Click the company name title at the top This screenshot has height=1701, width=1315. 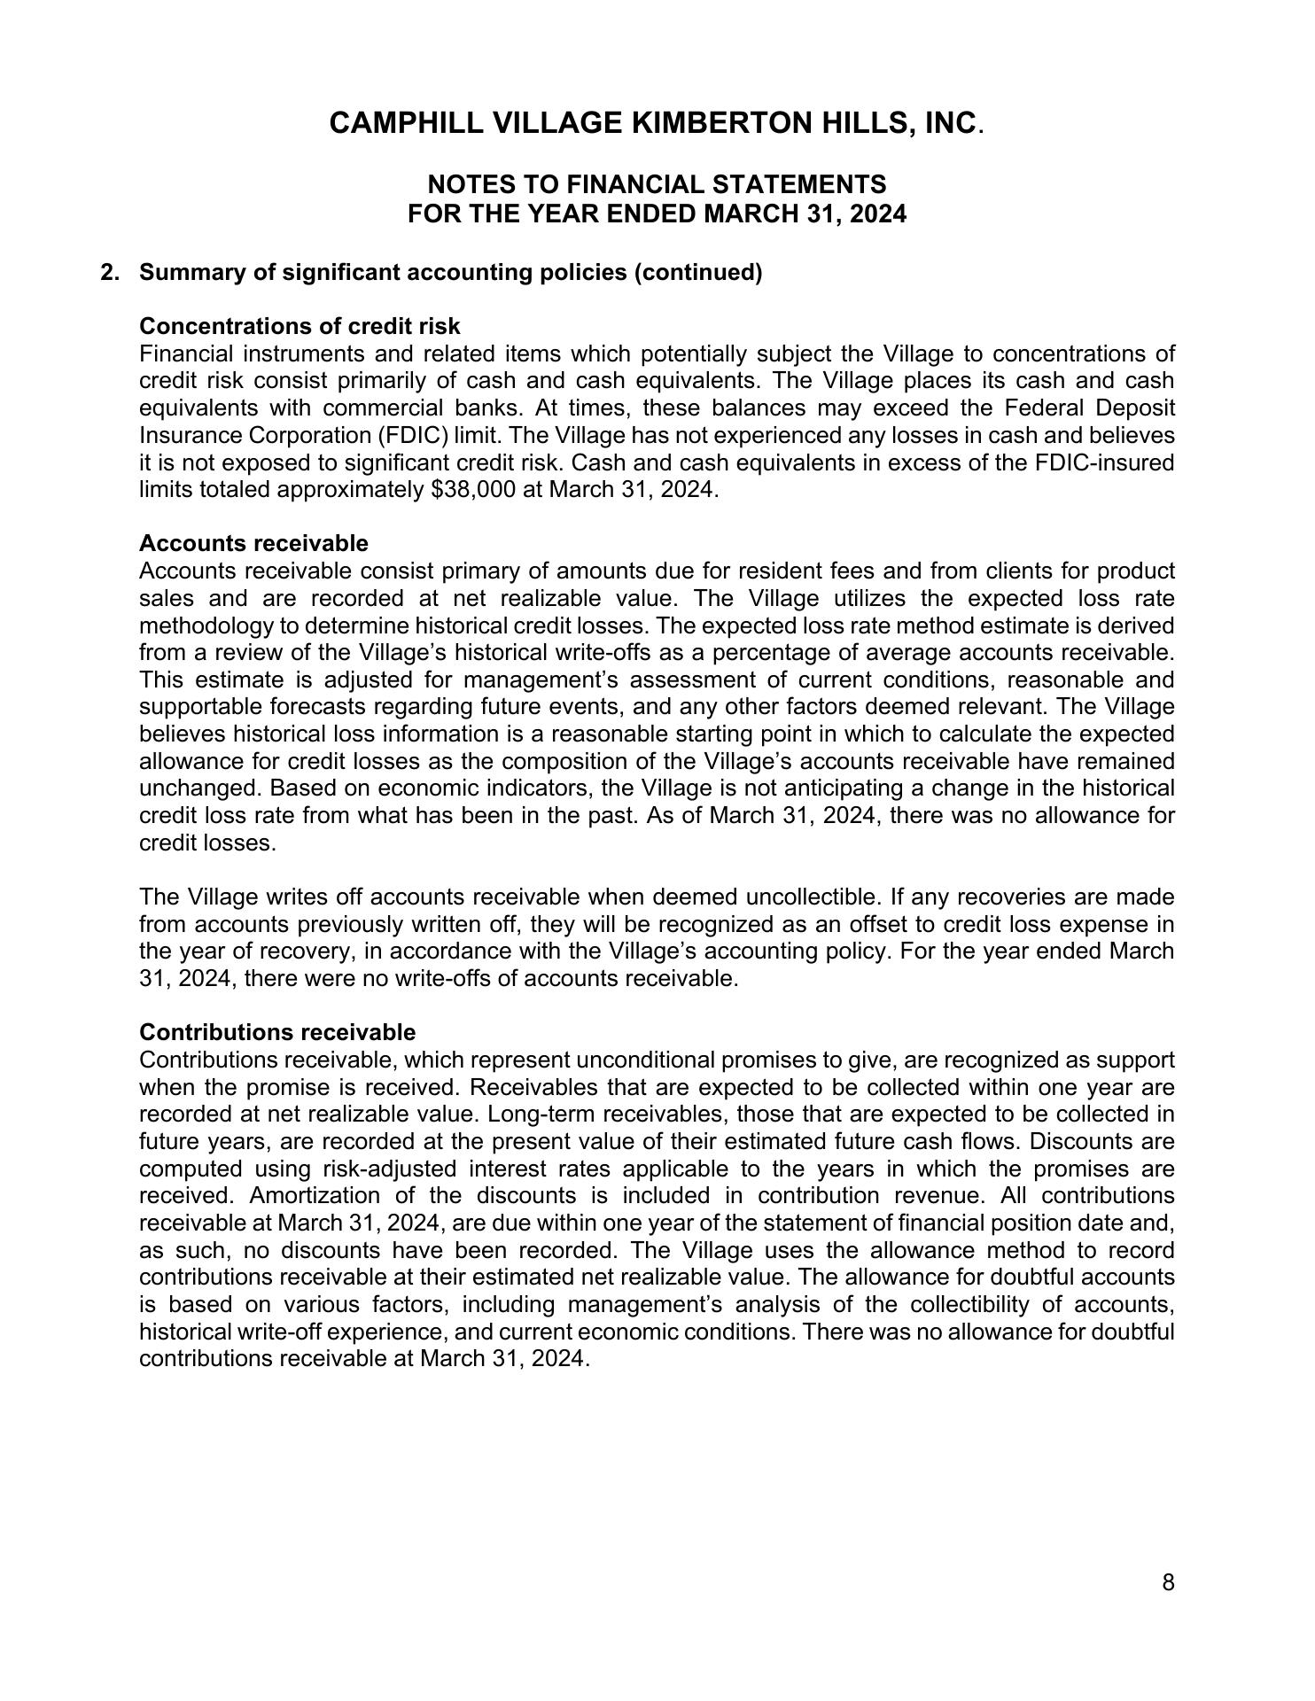click(x=656, y=123)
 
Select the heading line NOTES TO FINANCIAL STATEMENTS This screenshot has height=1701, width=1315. click(x=656, y=184)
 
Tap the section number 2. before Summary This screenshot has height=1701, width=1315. click(x=110, y=272)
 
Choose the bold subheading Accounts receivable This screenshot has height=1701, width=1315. click(x=253, y=542)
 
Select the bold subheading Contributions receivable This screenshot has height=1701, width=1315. click(x=277, y=1032)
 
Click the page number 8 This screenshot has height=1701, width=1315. click(x=1168, y=1582)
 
